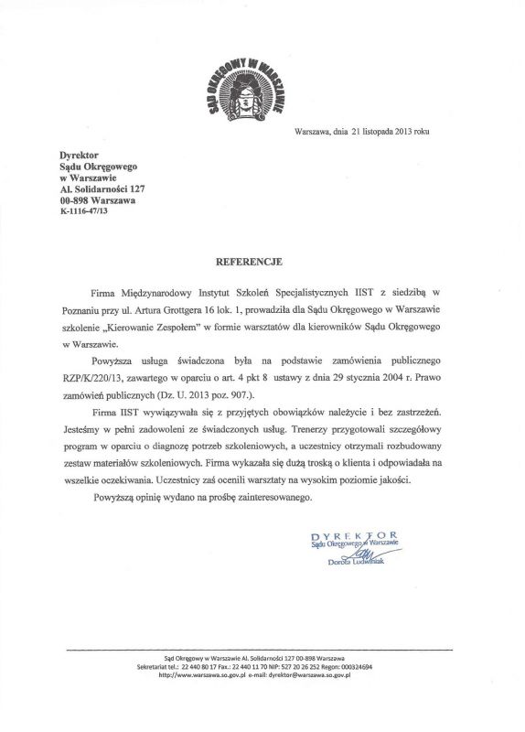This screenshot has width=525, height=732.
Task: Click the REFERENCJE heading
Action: [x=262, y=261]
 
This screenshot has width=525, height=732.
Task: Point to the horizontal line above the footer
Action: [x=262, y=650]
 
